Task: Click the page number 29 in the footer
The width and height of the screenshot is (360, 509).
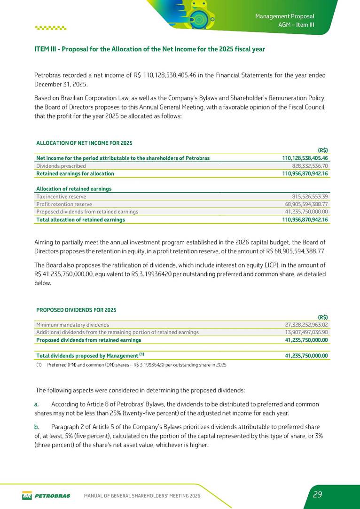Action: [317, 494]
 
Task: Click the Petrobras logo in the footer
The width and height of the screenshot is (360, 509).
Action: [46, 495]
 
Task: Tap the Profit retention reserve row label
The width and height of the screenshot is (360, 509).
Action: [64, 204]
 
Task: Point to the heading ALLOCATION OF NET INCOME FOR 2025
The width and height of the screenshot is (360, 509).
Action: [84, 142]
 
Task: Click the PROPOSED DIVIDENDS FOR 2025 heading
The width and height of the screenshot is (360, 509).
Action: [76, 310]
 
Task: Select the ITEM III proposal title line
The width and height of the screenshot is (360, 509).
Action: [149, 49]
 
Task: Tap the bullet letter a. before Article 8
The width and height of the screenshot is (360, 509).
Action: [36, 404]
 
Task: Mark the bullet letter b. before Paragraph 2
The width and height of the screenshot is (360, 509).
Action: [36, 428]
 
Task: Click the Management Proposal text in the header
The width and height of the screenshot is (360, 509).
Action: [284, 17]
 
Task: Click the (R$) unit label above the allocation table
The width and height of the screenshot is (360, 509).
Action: [322, 151]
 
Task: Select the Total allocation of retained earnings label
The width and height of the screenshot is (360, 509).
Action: [80, 219]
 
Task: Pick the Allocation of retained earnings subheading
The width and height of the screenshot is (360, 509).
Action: [74, 189]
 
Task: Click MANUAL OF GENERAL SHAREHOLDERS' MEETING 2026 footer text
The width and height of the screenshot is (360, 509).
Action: [141, 495]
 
